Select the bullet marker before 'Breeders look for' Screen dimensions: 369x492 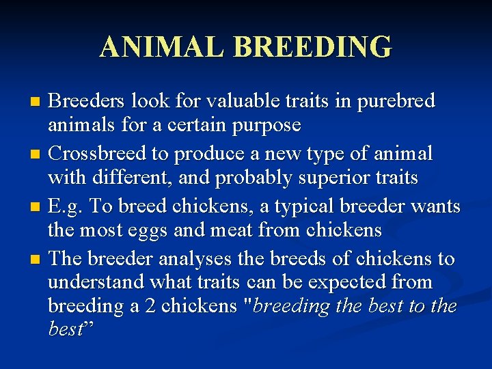pyautogui.click(x=37, y=102)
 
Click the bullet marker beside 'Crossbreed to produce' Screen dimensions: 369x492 pyautogui.click(x=37, y=154)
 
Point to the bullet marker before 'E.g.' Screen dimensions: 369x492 pyautogui.click(x=37, y=207)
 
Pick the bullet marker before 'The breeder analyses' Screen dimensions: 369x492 pyautogui.click(x=37, y=260)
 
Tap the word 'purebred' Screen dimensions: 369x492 pyautogui.click(x=394, y=101)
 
